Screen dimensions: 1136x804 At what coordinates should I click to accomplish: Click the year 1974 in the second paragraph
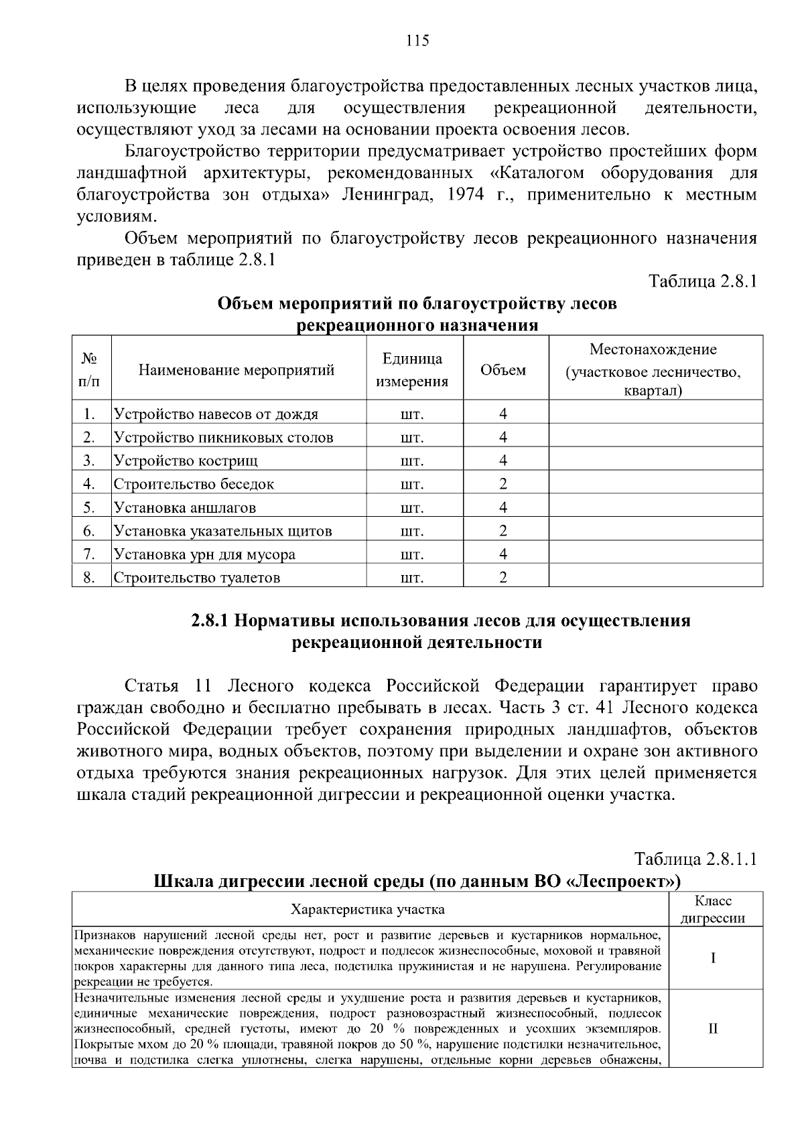(x=468, y=195)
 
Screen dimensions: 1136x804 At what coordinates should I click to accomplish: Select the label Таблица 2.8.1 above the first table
(x=703, y=281)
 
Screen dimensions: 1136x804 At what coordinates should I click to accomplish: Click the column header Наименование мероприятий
(x=237, y=370)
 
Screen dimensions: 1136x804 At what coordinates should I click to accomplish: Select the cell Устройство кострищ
(x=186, y=461)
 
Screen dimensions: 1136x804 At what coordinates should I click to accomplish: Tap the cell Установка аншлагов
(x=185, y=507)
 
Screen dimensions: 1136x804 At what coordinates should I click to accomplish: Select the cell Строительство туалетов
(x=197, y=578)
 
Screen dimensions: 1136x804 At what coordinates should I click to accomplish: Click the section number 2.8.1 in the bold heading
(x=210, y=621)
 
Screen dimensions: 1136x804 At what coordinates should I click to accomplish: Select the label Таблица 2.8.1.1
(x=695, y=859)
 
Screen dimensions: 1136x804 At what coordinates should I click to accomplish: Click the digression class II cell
(x=713, y=1028)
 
